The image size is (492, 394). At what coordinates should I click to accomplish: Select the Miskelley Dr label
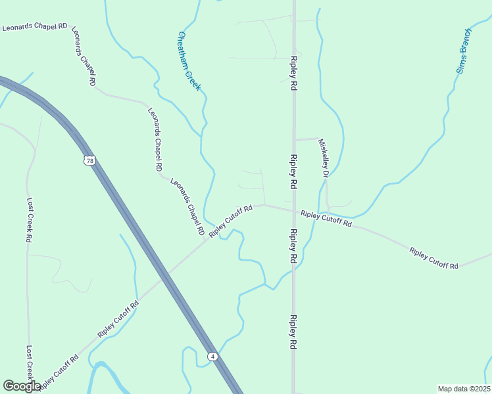pyautogui.click(x=323, y=158)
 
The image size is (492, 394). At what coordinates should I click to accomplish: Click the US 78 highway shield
pyautogui.click(x=89, y=160)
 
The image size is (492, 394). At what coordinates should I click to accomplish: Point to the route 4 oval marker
pyautogui.click(x=212, y=356)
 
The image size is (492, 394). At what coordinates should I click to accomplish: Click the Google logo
pyautogui.click(x=22, y=386)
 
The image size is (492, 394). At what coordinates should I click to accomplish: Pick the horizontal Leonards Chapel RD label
pyautogui.click(x=35, y=27)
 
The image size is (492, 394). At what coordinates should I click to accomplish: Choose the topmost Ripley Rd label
pyautogui.click(x=291, y=77)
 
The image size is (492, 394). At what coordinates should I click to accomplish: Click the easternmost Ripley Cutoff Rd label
pyautogui.click(x=433, y=258)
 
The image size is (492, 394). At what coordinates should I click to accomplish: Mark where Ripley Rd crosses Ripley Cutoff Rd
pyautogui.click(x=293, y=211)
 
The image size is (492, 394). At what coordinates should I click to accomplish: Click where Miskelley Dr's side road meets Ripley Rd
pyautogui.click(x=294, y=140)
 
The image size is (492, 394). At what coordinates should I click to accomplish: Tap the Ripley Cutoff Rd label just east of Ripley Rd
pyautogui.click(x=326, y=219)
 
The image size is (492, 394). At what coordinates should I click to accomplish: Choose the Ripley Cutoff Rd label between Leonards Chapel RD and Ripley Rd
pyautogui.click(x=231, y=221)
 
